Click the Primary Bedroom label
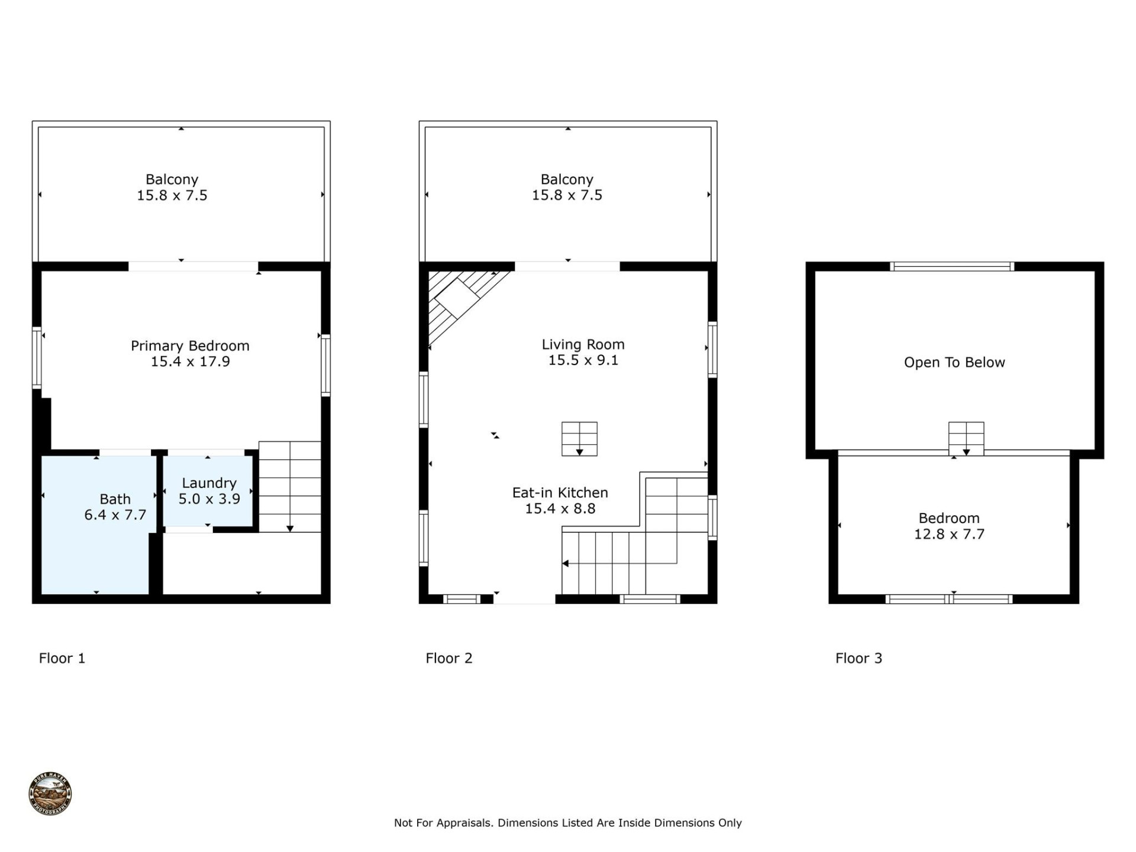click(190, 346)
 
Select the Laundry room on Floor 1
click(209, 491)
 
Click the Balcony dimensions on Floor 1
click(172, 196)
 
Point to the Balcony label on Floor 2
click(567, 179)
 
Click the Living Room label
click(583, 344)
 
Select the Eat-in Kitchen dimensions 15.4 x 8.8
click(560, 509)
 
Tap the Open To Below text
click(954, 363)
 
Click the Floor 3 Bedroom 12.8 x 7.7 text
click(949, 526)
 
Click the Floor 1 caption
click(62, 658)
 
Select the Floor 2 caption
click(449, 658)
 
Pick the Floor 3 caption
click(859, 658)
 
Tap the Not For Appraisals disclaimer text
click(567, 822)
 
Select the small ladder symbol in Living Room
click(579, 439)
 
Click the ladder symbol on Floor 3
click(966, 438)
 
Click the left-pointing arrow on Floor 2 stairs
click(566, 563)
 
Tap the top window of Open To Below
click(952, 267)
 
